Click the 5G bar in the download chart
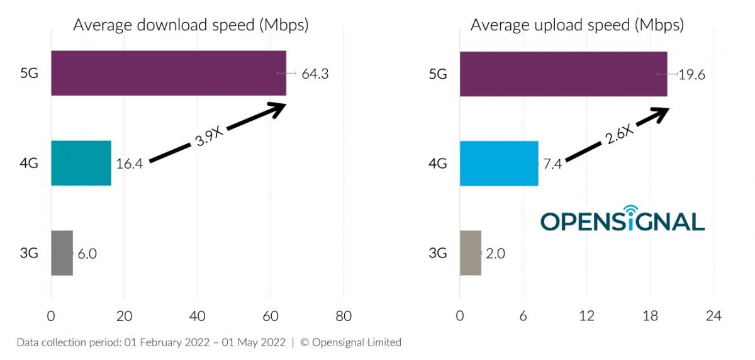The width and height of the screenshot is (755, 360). pos(168,73)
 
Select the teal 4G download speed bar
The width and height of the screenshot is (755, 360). pos(81,163)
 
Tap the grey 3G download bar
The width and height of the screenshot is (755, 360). pos(62,253)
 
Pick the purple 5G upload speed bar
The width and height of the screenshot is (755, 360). pos(563,74)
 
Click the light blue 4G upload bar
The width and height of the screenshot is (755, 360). pos(499,163)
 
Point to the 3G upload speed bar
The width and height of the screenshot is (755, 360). pos(470,253)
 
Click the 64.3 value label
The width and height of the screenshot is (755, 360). pos(315,74)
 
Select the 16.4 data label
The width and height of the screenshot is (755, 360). pos(130,164)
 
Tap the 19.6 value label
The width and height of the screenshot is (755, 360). pos(691,74)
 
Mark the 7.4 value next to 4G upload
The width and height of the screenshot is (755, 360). pos(552,164)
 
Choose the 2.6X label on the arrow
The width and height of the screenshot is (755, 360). pos(619,135)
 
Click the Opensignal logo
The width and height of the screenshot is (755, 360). pos(622,219)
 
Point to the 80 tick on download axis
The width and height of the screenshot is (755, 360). pos(343,316)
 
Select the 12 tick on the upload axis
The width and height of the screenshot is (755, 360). pos(586,316)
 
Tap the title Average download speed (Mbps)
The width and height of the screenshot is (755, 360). pos(191,25)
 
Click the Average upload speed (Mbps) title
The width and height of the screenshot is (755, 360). pos(577,25)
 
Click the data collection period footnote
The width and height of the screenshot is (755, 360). pos(208,342)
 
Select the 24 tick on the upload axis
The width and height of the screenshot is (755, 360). pos(713,316)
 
